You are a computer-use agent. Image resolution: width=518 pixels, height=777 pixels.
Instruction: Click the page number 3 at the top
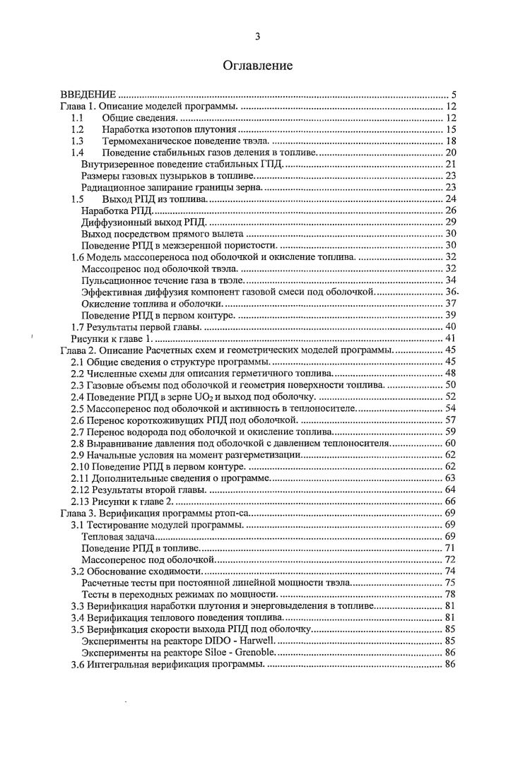258,37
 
